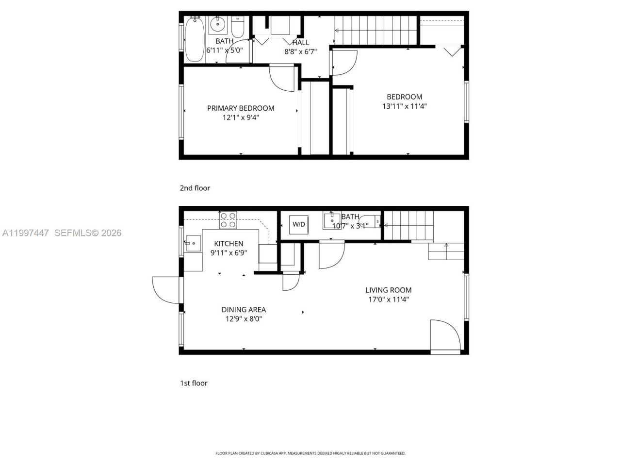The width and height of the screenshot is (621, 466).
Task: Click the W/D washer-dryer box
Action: click(x=298, y=224)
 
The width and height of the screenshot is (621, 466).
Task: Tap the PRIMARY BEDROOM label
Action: click(x=241, y=108)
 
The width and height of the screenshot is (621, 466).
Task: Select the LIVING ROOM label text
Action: click(x=388, y=290)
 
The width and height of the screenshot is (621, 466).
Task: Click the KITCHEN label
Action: click(x=229, y=244)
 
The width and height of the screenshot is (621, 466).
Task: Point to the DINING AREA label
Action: click(x=244, y=310)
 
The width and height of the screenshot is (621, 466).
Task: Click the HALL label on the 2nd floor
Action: click(x=300, y=43)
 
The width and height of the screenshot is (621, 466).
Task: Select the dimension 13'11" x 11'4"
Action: click(x=405, y=106)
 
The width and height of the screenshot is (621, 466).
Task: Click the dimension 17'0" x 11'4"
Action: click(x=388, y=300)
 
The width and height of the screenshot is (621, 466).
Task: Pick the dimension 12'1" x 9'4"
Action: click(x=241, y=117)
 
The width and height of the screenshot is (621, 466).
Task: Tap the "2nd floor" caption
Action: click(x=195, y=188)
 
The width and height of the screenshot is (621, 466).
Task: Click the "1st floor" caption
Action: click(x=194, y=383)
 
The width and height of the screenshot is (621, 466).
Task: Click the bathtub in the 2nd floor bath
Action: click(x=195, y=39)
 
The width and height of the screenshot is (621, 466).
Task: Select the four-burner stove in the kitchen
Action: click(x=228, y=220)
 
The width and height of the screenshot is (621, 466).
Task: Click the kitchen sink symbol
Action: click(x=193, y=242)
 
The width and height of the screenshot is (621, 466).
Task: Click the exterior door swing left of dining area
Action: click(x=166, y=290)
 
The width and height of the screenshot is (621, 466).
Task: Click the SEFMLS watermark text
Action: click(x=88, y=233)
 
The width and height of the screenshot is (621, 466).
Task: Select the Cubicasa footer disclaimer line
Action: click(x=310, y=453)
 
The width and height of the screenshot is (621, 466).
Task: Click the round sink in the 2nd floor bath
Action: click(x=218, y=23)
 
